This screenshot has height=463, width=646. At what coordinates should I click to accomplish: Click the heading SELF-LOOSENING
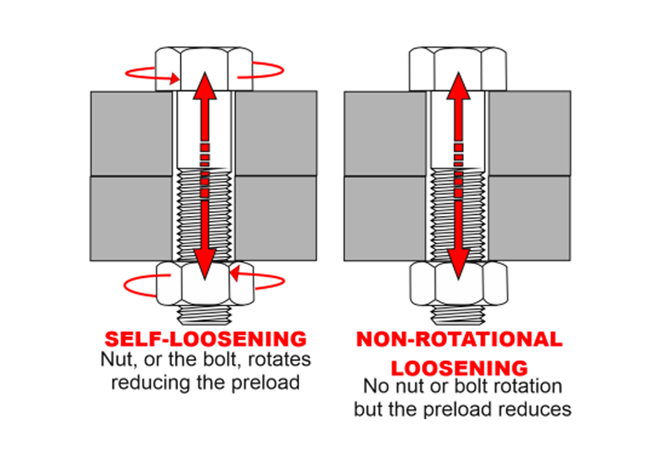click(206, 340)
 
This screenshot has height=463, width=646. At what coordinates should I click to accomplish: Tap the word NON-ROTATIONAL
click(459, 340)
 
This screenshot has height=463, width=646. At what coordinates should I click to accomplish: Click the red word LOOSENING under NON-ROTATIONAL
click(459, 367)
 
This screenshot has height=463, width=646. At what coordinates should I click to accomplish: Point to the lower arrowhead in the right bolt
click(458, 267)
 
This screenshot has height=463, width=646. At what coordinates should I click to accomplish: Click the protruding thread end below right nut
click(457, 312)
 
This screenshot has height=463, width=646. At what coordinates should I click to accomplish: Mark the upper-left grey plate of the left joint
click(132, 133)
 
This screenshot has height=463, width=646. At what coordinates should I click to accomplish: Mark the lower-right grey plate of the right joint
click(529, 218)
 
